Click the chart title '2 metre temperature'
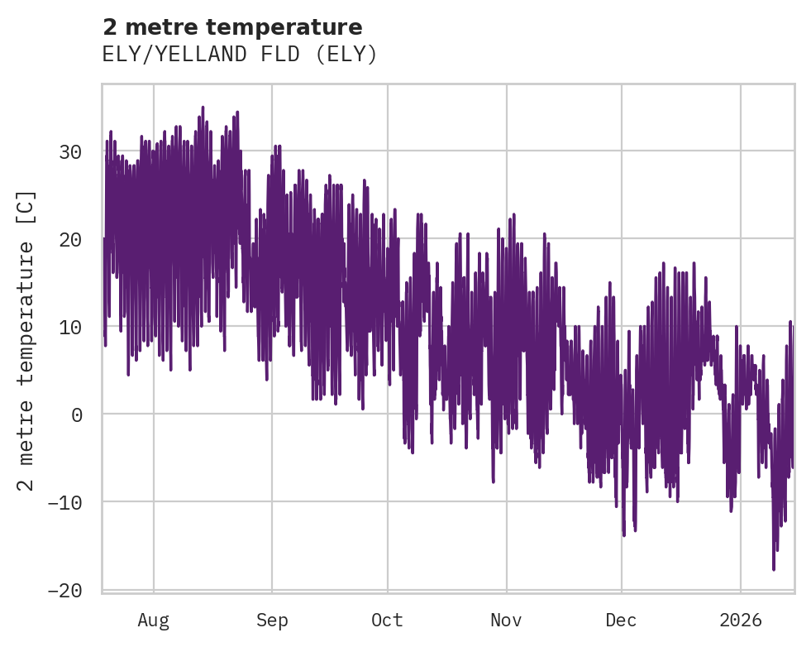(232, 27)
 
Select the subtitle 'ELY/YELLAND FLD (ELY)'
(240, 55)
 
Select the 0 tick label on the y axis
(77, 415)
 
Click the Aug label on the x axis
(153, 621)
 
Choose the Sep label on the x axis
(271, 621)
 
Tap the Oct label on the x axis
(387, 621)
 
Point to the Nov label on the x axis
(506, 621)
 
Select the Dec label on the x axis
(622, 621)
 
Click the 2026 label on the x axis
(741, 621)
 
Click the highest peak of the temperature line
(203, 107)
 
